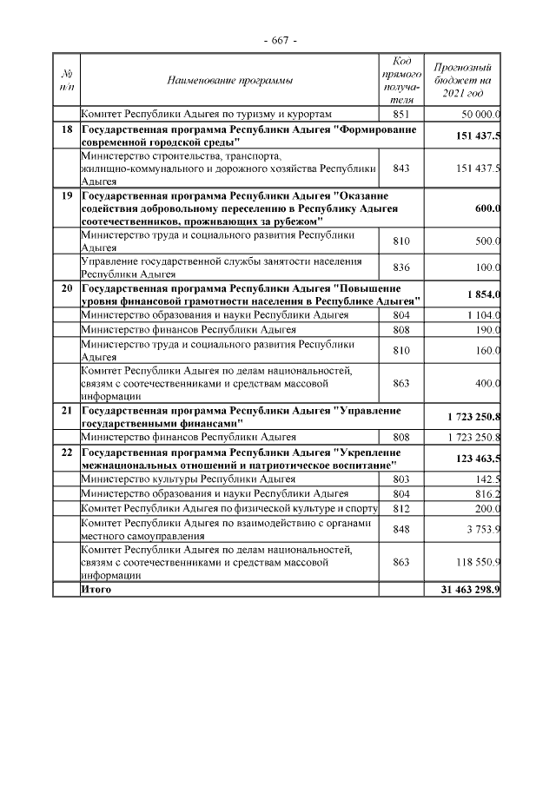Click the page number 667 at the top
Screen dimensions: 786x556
click(279, 41)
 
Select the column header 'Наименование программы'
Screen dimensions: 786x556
click(229, 81)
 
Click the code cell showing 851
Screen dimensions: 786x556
click(401, 114)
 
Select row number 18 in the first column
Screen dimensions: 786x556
click(66, 129)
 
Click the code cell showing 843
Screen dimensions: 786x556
click(401, 168)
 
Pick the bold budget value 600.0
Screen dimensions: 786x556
click(487, 208)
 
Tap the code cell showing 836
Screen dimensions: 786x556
click(401, 268)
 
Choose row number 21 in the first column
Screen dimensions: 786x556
click(66, 409)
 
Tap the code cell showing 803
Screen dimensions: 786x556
click(401, 479)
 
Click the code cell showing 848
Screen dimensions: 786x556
click(401, 530)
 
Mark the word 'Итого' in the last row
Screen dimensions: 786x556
click(96, 589)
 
